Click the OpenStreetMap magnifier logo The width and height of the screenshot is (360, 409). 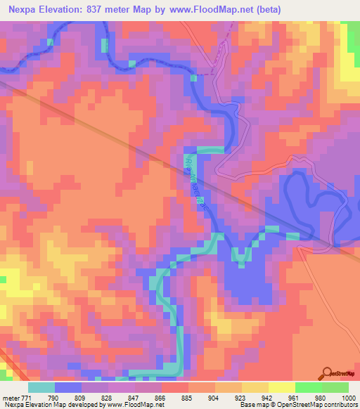[328, 372]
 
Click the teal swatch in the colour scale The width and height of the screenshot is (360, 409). [41, 387]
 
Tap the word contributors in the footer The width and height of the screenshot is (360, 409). [340, 405]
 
